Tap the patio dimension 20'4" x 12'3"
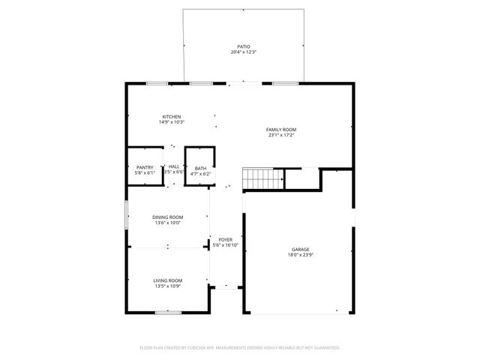point(243,52)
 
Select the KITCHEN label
point(172,117)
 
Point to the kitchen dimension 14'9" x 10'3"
point(172,122)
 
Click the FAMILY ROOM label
point(282,130)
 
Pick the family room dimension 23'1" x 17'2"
point(282,135)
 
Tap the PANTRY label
point(145,168)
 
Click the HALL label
point(173,166)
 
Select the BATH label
point(200,168)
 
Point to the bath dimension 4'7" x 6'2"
point(200,173)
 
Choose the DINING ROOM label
point(167,217)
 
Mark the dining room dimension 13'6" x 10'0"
point(167,222)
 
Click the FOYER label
point(226,239)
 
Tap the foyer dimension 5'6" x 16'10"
point(226,244)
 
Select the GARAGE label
point(301,249)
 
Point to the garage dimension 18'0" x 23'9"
point(301,254)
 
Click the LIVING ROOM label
point(167,280)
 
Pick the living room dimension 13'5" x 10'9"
point(167,285)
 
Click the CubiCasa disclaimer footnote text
point(240,347)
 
